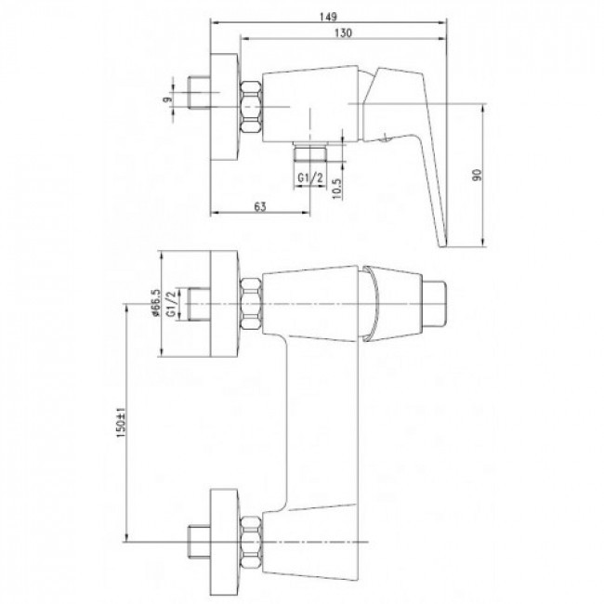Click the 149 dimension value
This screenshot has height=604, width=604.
328,17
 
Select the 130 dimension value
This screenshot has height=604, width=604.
343,33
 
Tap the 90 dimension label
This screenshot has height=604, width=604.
478,175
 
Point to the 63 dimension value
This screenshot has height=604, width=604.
260,207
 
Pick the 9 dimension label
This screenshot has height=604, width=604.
166,99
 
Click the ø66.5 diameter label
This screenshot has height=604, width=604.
156,304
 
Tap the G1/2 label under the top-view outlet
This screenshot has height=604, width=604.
309,177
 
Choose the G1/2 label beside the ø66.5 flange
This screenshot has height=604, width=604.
171,304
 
